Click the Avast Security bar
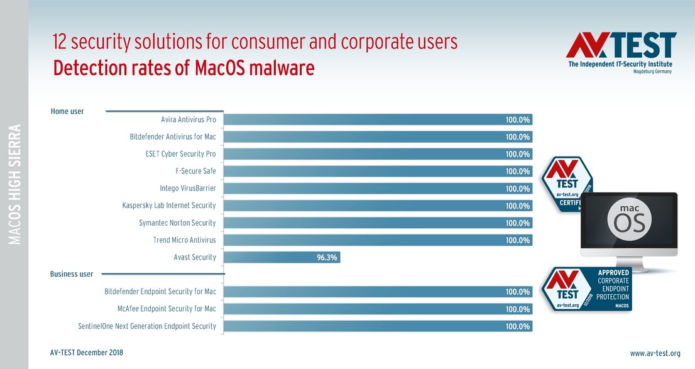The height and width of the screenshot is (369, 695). [x=282, y=257]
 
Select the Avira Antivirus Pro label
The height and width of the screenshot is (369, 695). [x=189, y=119]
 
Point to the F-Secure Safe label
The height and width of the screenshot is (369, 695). [x=195, y=171]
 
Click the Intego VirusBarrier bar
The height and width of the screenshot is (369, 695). [x=377, y=189]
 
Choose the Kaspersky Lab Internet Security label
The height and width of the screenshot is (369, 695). [x=169, y=206]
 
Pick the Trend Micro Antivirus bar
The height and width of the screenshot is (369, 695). [x=377, y=240]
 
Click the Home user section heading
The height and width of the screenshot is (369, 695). [x=67, y=111]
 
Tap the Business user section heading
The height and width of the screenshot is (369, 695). [x=72, y=274]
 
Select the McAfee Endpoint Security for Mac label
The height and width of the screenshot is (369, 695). [x=167, y=309]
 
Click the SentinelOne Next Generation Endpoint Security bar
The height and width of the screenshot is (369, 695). [x=377, y=326]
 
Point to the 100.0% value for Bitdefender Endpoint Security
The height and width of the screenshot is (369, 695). [x=518, y=292]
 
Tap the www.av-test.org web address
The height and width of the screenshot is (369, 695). [x=655, y=353]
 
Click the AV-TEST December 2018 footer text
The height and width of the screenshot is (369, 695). [x=87, y=353]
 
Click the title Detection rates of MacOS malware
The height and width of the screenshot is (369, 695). [x=183, y=68]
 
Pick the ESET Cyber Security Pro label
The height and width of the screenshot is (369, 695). [x=180, y=154]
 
